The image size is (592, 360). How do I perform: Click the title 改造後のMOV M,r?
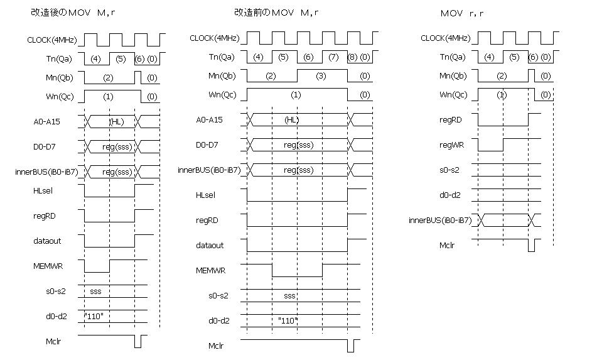73,13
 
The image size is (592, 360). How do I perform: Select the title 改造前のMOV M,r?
276,13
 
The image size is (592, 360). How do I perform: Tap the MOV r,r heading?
462,14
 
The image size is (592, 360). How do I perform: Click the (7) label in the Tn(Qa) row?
333,57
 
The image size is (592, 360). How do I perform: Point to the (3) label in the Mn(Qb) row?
321,76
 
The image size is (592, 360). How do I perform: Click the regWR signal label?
451,145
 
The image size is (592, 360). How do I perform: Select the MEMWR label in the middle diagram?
211,271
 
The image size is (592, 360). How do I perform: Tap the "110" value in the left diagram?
94,316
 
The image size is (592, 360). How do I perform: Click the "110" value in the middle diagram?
288,320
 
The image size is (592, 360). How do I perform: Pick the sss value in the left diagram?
95,292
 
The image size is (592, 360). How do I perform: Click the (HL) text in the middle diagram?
291,120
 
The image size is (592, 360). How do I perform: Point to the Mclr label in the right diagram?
447,245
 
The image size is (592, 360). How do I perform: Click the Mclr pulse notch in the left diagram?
138,342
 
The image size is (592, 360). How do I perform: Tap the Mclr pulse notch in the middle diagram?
351,346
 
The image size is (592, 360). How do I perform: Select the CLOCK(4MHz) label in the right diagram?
446,38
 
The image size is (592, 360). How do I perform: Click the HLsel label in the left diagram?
43,191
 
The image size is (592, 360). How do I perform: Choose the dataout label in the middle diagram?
210,245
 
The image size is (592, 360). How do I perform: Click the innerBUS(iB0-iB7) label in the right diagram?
440,221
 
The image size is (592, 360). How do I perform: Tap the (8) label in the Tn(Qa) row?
352,57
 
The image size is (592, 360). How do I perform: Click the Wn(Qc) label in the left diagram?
60,97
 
